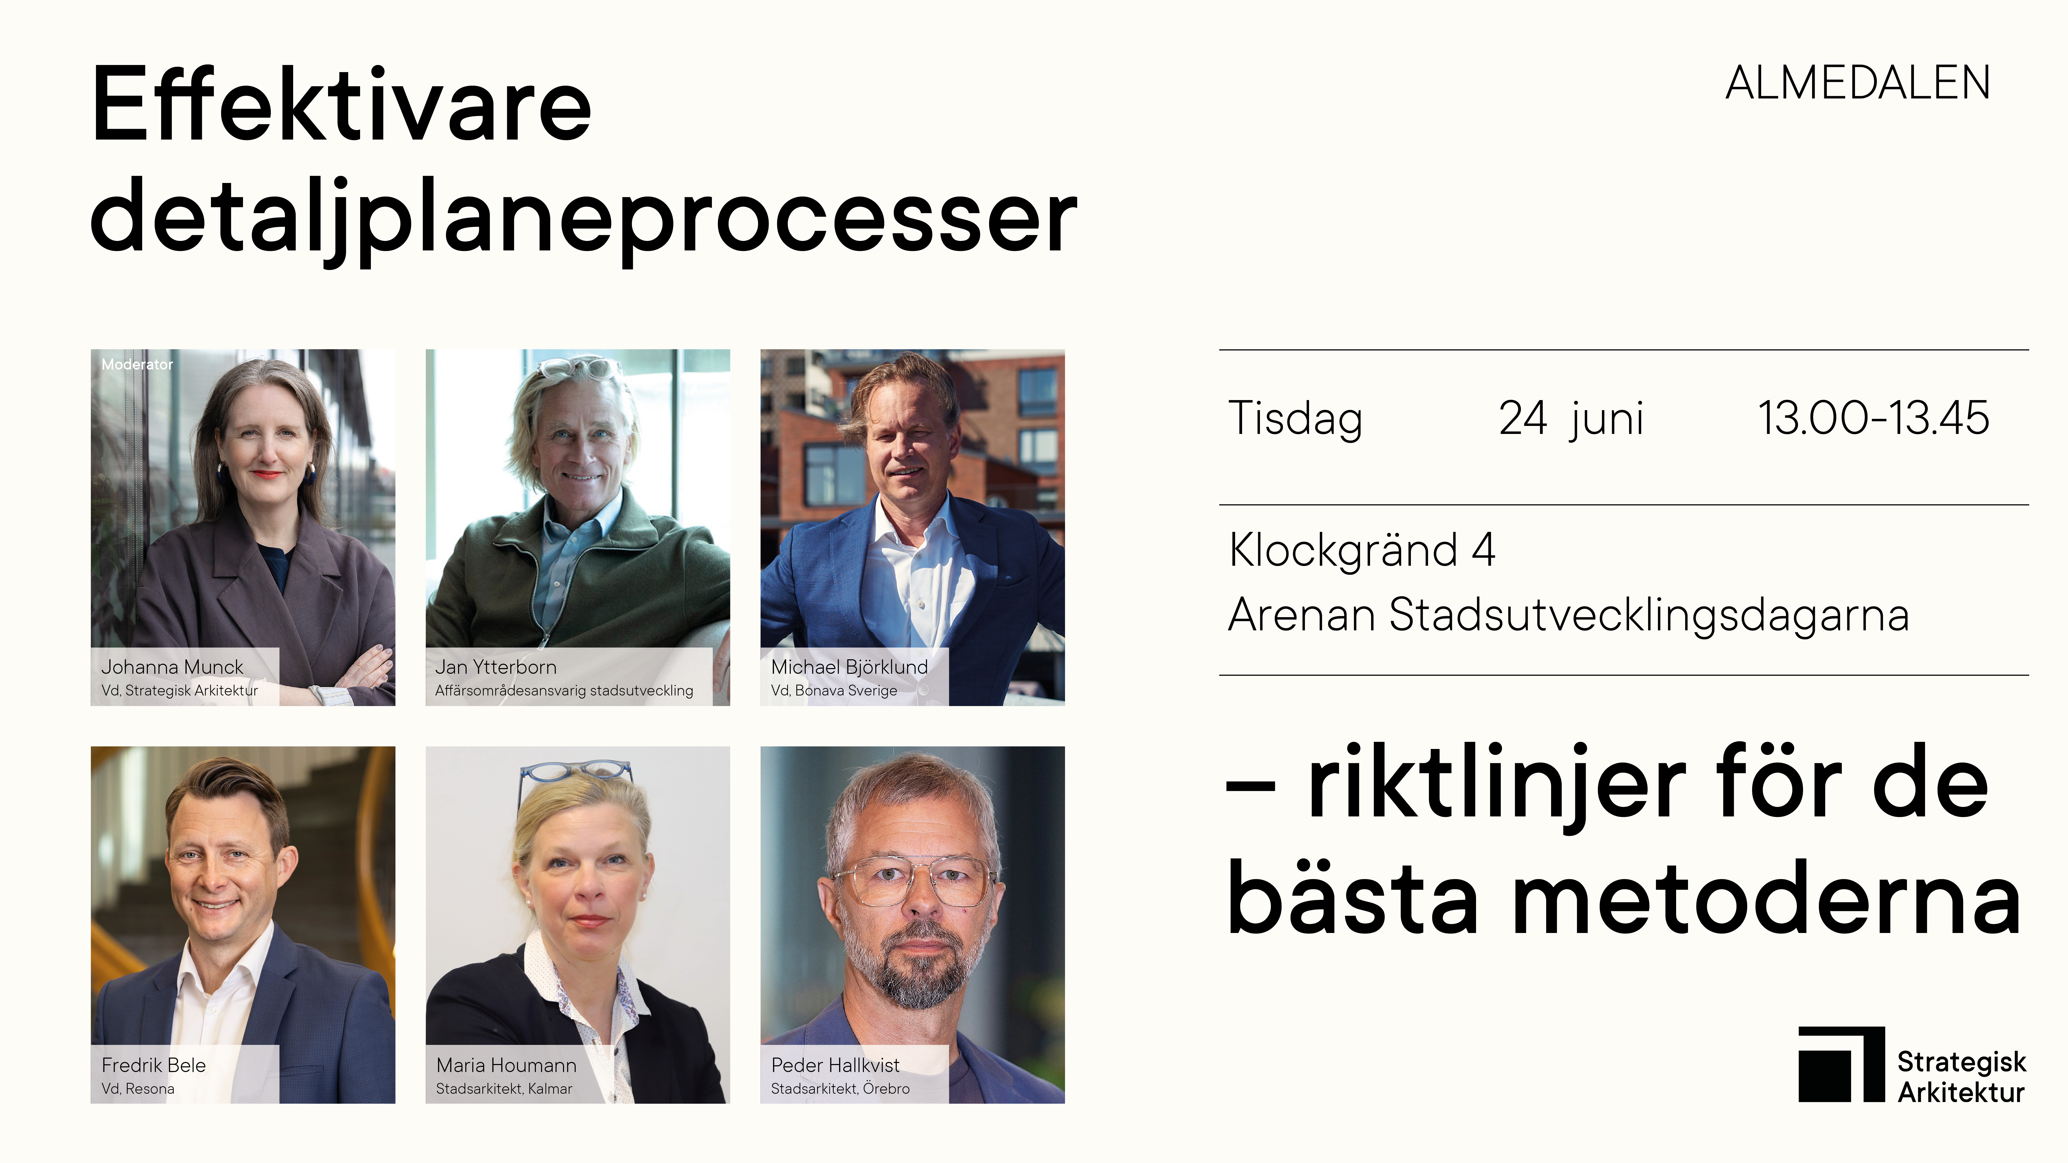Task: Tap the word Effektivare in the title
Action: coord(341,104)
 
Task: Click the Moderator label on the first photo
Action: coord(136,364)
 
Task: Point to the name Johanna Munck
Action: coord(172,667)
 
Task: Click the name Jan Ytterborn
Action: coord(495,667)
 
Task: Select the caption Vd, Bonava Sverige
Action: coord(834,690)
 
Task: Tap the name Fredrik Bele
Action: coord(153,1065)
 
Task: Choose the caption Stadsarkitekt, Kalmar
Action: coord(504,1088)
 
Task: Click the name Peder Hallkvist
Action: coord(835,1065)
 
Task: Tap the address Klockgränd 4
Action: coord(1362,550)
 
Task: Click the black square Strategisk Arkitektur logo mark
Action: coord(1841,1064)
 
